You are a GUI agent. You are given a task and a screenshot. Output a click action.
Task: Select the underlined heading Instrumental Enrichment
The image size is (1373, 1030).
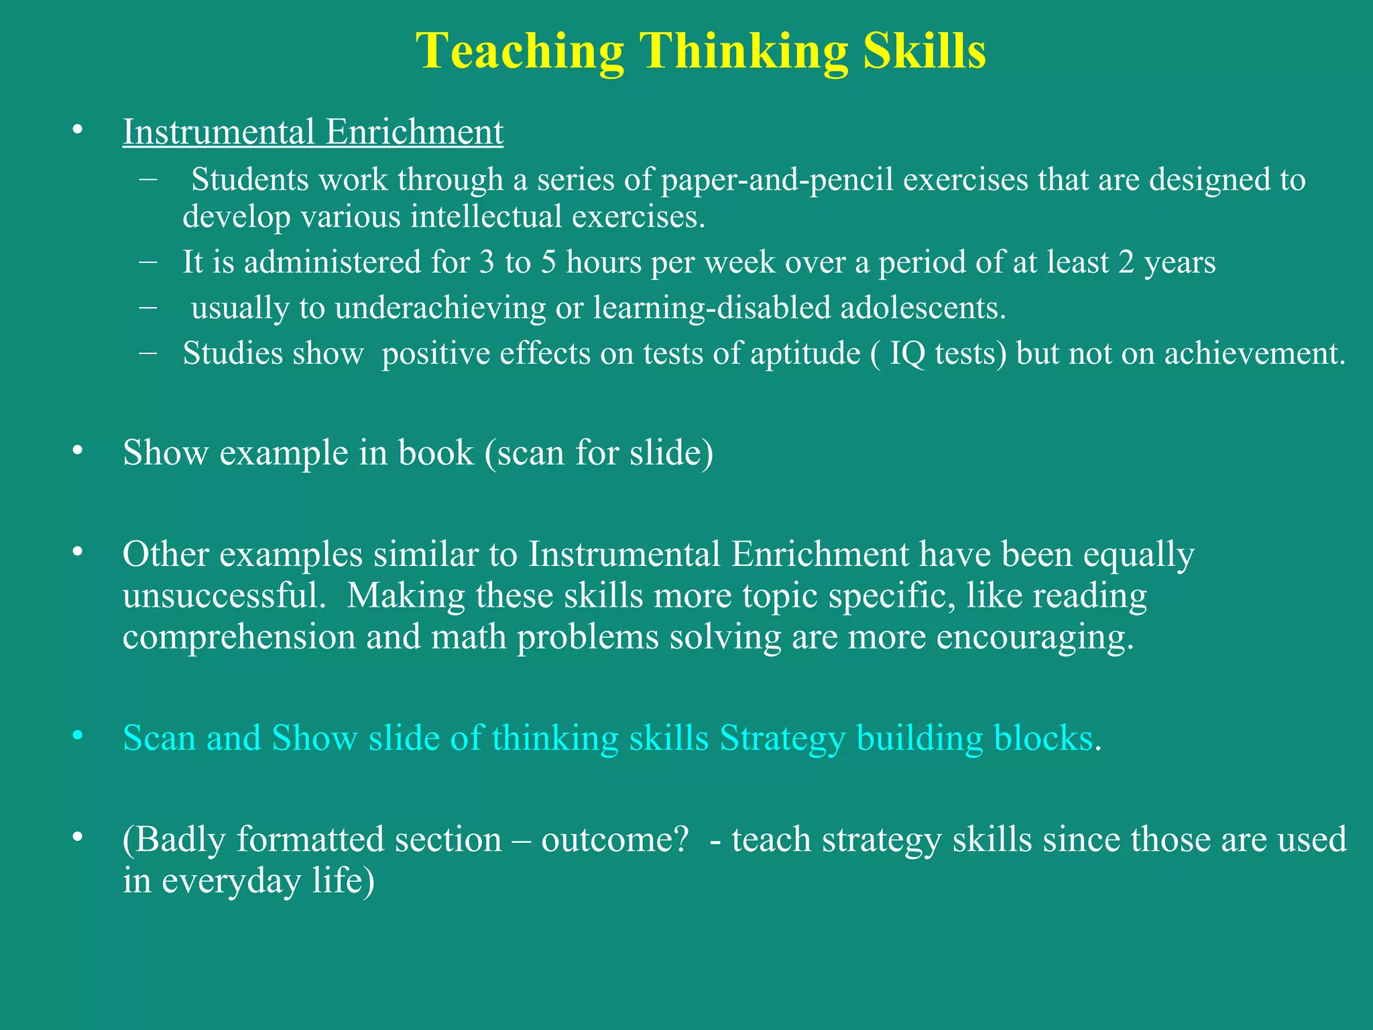[312, 131]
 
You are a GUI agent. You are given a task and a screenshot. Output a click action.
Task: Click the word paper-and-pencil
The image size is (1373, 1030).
[777, 180]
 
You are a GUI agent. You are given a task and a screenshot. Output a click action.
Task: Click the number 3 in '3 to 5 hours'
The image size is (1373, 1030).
[487, 262]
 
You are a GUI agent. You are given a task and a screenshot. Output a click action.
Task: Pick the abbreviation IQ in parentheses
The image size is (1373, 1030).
[907, 353]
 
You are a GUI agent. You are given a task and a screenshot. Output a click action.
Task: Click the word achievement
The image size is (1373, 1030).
[1254, 353]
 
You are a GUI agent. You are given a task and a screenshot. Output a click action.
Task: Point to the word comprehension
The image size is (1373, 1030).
[239, 636]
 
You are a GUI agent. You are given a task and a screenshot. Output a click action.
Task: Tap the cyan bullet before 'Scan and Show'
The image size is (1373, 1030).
[78, 736]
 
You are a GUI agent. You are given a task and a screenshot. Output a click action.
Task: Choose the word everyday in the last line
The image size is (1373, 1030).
[231, 880]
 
